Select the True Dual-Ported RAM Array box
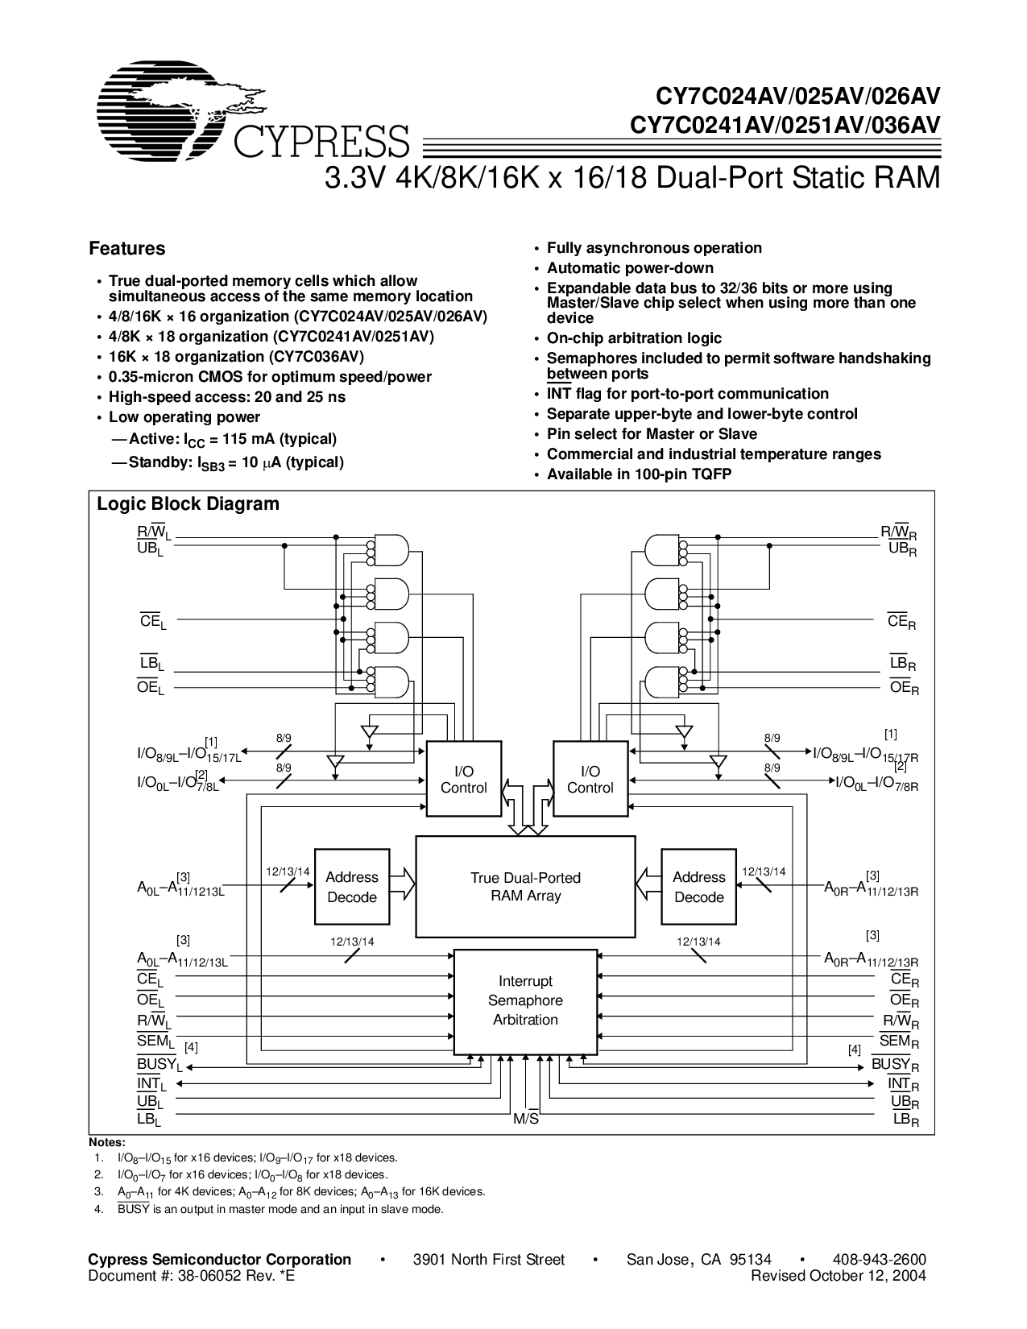525,886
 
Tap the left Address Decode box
351,887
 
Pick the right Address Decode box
698,887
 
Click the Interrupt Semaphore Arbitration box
525,1001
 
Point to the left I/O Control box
463,780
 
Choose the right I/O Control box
590,780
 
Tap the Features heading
126,249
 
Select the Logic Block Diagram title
188,504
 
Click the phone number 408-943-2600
880,1260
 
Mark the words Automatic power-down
630,268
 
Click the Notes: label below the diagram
106,1143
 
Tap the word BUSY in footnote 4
133,1209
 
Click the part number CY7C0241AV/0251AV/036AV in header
785,124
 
